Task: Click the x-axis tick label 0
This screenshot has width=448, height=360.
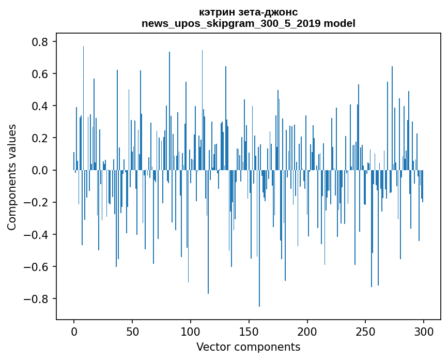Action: [74, 331]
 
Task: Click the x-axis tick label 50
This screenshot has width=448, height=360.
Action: [132, 331]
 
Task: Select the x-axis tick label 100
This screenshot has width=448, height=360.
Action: [191, 331]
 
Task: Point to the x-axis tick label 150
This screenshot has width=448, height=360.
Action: [249, 331]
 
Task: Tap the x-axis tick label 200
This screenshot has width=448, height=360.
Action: [307, 331]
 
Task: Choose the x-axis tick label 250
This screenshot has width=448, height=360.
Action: [365, 331]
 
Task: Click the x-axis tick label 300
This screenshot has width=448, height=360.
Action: [424, 331]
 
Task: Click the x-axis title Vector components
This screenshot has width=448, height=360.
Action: [248, 347]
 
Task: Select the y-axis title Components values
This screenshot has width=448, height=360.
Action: [12, 177]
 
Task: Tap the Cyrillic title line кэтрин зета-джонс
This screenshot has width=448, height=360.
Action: [248, 12]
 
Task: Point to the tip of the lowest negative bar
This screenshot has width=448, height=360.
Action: [259, 306]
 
